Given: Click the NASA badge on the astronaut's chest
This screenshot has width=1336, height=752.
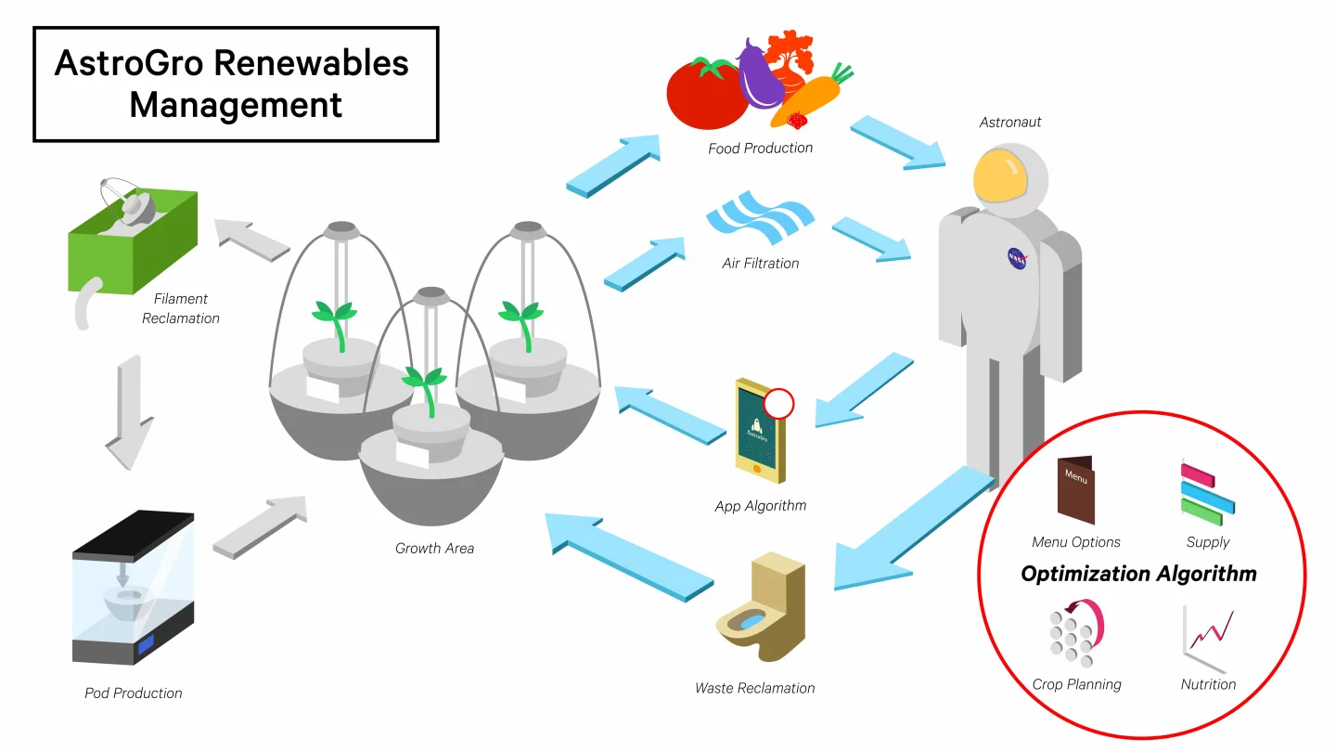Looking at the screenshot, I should [1017, 258].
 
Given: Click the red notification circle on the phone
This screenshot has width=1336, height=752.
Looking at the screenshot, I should [779, 404].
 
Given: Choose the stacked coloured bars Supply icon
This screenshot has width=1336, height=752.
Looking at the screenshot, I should [1207, 491].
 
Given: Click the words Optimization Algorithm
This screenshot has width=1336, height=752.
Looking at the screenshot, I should [1138, 574].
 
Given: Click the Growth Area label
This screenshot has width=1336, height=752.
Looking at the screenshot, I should [434, 548].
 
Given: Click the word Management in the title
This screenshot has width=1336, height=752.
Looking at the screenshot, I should [236, 104].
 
